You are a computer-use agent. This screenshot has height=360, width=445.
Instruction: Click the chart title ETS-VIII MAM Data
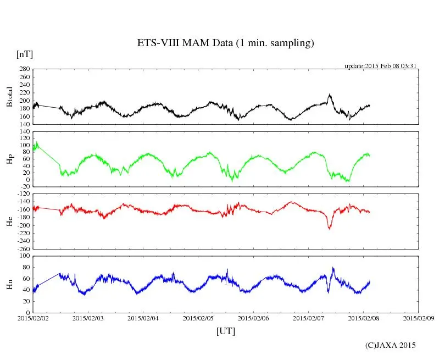pos(225,43)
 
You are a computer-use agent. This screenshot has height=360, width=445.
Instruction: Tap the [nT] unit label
pos(24,54)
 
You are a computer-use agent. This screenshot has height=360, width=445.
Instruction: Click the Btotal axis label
pos(9,97)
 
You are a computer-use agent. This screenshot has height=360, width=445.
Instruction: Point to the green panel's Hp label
pos(9,159)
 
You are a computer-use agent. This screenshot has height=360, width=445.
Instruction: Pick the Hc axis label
pos(9,221)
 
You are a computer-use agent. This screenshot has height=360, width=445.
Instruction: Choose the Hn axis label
pos(9,284)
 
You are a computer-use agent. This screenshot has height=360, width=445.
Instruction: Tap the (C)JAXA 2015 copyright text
pos(390,345)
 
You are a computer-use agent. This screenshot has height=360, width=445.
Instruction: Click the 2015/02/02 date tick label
pos(33,318)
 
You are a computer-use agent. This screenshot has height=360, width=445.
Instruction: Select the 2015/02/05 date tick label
pos(198,318)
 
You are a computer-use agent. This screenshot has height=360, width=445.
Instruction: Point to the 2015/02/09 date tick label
pos(418,318)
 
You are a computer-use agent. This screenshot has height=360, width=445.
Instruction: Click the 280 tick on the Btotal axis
pos(24,69)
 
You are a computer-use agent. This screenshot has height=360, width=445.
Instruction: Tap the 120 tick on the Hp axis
pos(24,132)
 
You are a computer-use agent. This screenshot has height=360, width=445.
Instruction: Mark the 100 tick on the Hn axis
pos(24,256)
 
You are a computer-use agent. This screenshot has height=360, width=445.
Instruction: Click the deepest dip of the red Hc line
pos(330,228)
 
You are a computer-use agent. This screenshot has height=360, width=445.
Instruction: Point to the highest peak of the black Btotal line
pos(330,95)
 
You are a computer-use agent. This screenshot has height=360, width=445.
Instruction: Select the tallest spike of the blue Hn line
pos(333,268)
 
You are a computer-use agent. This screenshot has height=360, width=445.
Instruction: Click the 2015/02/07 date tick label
pos(308,318)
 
